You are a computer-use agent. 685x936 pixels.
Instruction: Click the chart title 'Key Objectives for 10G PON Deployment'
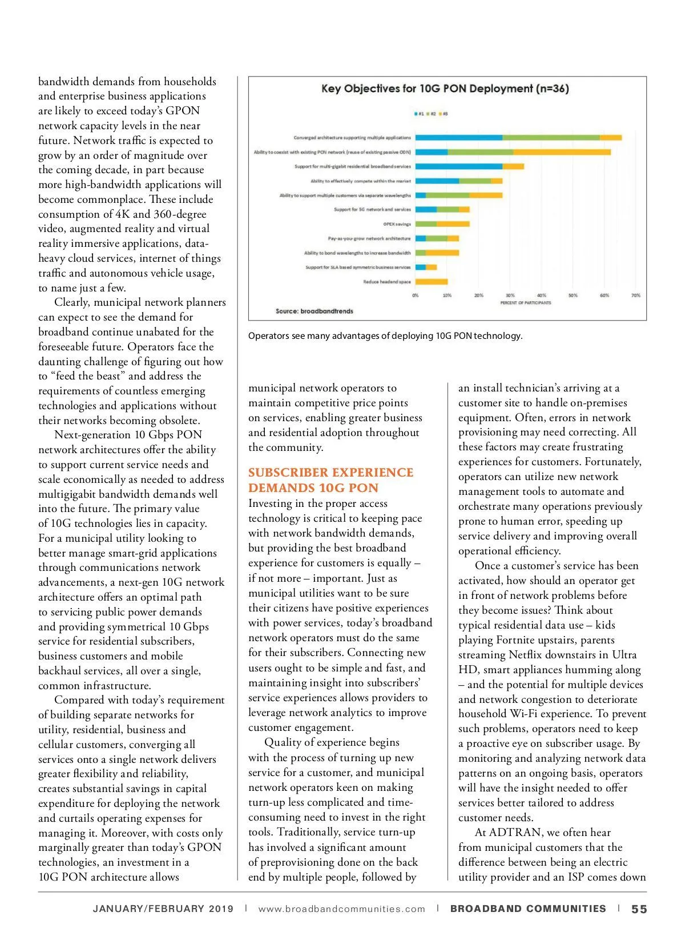coord(445,89)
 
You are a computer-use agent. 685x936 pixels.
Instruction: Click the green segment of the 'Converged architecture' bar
coord(551,138)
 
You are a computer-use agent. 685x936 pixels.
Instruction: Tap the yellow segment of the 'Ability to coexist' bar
coord(562,152)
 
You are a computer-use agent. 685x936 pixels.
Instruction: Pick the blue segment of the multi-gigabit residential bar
coord(459,166)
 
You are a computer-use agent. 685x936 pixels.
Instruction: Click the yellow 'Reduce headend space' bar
coord(432,282)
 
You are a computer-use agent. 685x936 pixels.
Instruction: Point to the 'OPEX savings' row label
coord(397,224)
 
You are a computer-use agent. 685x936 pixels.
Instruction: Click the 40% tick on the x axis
coord(541,295)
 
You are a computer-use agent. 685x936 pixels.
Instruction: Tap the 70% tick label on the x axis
coord(635,295)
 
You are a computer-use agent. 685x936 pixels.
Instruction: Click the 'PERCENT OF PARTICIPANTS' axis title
coord(525,303)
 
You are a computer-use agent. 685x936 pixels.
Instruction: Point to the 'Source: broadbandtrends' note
coord(314,311)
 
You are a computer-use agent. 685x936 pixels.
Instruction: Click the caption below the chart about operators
coord(385,336)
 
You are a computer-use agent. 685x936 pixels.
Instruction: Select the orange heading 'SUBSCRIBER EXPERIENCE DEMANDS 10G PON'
coord(331,480)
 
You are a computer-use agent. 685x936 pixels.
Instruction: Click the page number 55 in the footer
coord(639,909)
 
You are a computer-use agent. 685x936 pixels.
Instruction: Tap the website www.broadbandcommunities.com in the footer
coord(341,909)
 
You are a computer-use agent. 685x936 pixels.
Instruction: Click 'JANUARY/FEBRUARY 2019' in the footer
coord(163,909)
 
